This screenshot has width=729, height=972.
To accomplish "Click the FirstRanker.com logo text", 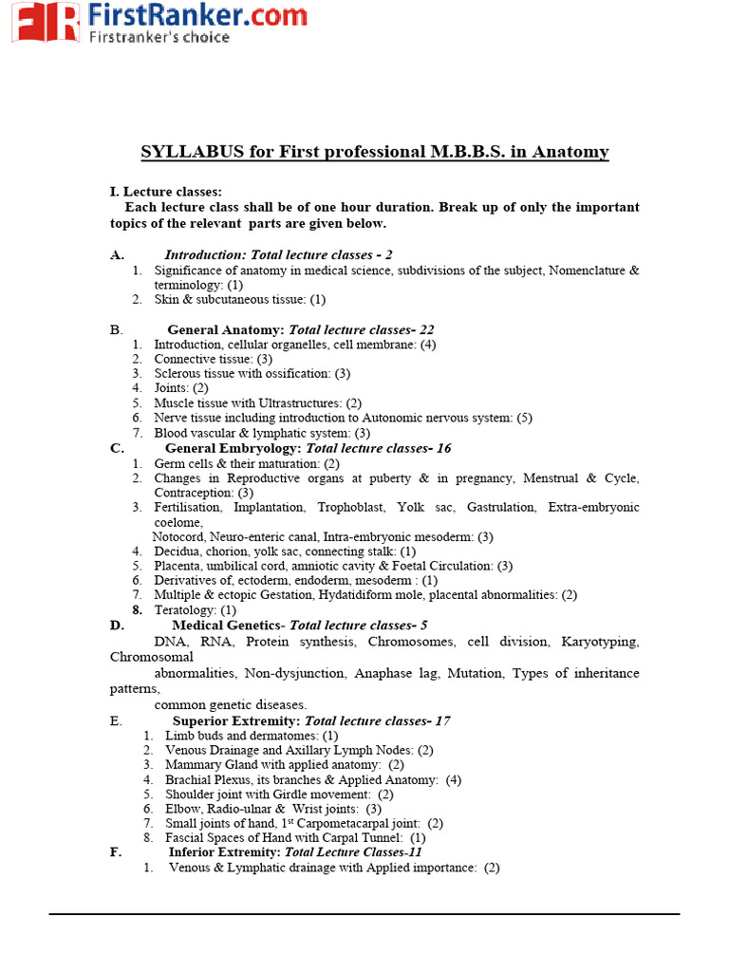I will pyautogui.click(x=196, y=14).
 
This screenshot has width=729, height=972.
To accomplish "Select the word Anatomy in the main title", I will pyautogui.click(x=570, y=152).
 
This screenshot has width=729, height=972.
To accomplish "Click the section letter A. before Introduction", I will pyautogui.click(x=118, y=254).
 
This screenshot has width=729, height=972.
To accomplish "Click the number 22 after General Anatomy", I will pyautogui.click(x=426, y=329).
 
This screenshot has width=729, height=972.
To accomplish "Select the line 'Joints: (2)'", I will pyautogui.click(x=181, y=388).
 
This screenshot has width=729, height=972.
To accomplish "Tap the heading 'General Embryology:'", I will pyautogui.click(x=234, y=448).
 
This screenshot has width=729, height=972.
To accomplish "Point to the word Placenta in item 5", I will pyautogui.click(x=178, y=566).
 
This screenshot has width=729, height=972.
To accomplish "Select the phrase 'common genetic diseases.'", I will pyautogui.click(x=231, y=704).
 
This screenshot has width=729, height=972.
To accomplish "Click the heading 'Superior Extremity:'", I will pyautogui.click(x=236, y=720).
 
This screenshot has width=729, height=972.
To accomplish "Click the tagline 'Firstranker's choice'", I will pyautogui.click(x=159, y=37).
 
